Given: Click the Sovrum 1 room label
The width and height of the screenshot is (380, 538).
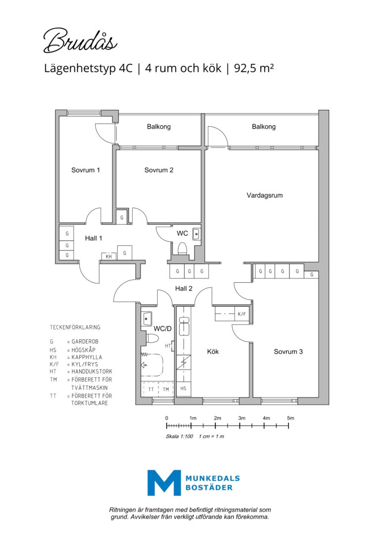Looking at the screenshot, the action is point(85,170).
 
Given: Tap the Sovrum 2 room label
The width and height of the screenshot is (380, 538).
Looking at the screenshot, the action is point(159,170).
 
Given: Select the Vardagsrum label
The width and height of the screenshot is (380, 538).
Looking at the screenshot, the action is point(265,196).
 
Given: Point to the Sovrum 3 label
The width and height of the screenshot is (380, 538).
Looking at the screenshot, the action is point(288,351).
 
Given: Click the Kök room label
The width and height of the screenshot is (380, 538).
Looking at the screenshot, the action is point(213,351).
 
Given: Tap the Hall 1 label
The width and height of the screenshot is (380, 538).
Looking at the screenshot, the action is point(94,238).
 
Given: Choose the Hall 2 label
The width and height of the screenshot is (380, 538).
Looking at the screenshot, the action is point(184,288).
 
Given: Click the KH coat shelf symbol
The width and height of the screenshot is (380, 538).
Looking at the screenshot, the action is point(109,256).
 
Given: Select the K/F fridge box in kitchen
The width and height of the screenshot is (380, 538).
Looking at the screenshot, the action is point(241,314).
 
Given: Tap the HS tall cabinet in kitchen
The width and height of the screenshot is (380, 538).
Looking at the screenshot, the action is point(183,388).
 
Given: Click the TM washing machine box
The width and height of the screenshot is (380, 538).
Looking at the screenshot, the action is point(166,389).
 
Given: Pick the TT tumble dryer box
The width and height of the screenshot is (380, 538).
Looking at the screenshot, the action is point(151,389).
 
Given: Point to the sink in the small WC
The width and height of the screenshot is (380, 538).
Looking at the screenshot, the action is point(196,234).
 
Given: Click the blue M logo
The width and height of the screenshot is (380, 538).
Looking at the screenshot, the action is point(164,483).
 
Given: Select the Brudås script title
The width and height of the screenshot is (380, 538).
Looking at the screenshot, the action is point(80,41).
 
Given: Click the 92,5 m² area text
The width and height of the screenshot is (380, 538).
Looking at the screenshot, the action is point(254,68).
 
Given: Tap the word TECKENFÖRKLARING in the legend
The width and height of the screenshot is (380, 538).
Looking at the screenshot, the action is point(75,327).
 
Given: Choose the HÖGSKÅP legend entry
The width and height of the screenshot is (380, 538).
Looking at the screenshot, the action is point(83,350).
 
